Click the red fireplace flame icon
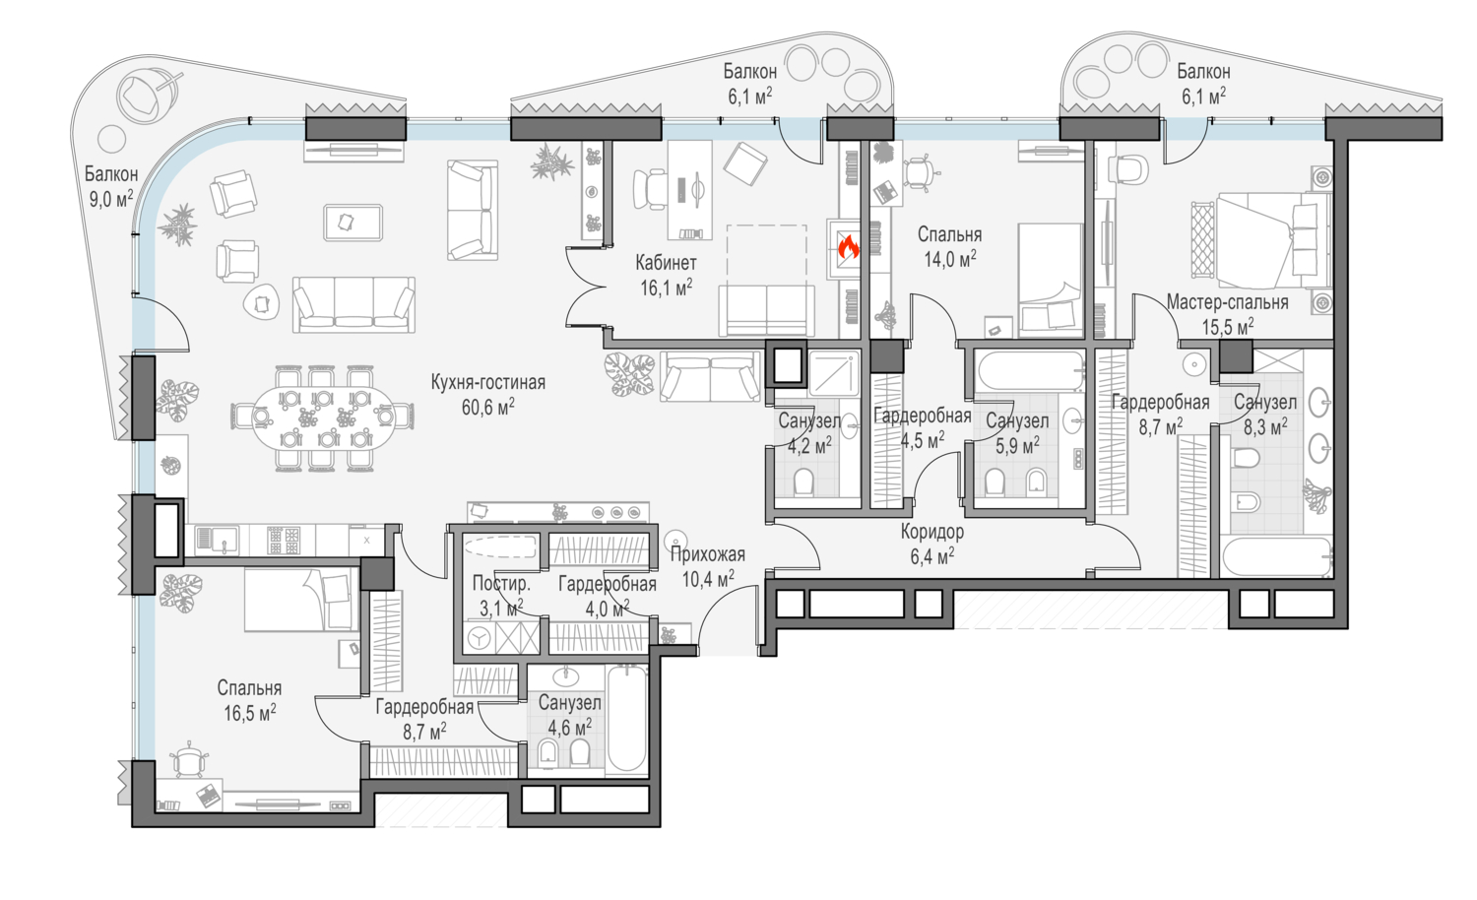(x=848, y=248)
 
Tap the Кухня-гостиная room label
(x=488, y=382)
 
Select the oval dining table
(x=323, y=418)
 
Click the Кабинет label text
(x=666, y=263)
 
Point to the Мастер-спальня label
(x=1227, y=302)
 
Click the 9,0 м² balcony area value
(x=110, y=199)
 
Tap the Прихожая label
(x=708, y=555)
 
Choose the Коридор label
(x=932, y=532)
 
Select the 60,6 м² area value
(x=488, y=407)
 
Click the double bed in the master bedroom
(x=1262, y=240)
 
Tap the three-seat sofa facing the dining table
(x=354, y=304)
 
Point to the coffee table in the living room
(x=353, y=223)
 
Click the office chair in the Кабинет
(x=650, y=190)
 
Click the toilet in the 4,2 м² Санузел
(x=803, y=482)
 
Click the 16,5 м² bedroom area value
(x=249, y=712)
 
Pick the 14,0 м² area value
(x=949, y=258)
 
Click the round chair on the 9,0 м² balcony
(x=146, y=97)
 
